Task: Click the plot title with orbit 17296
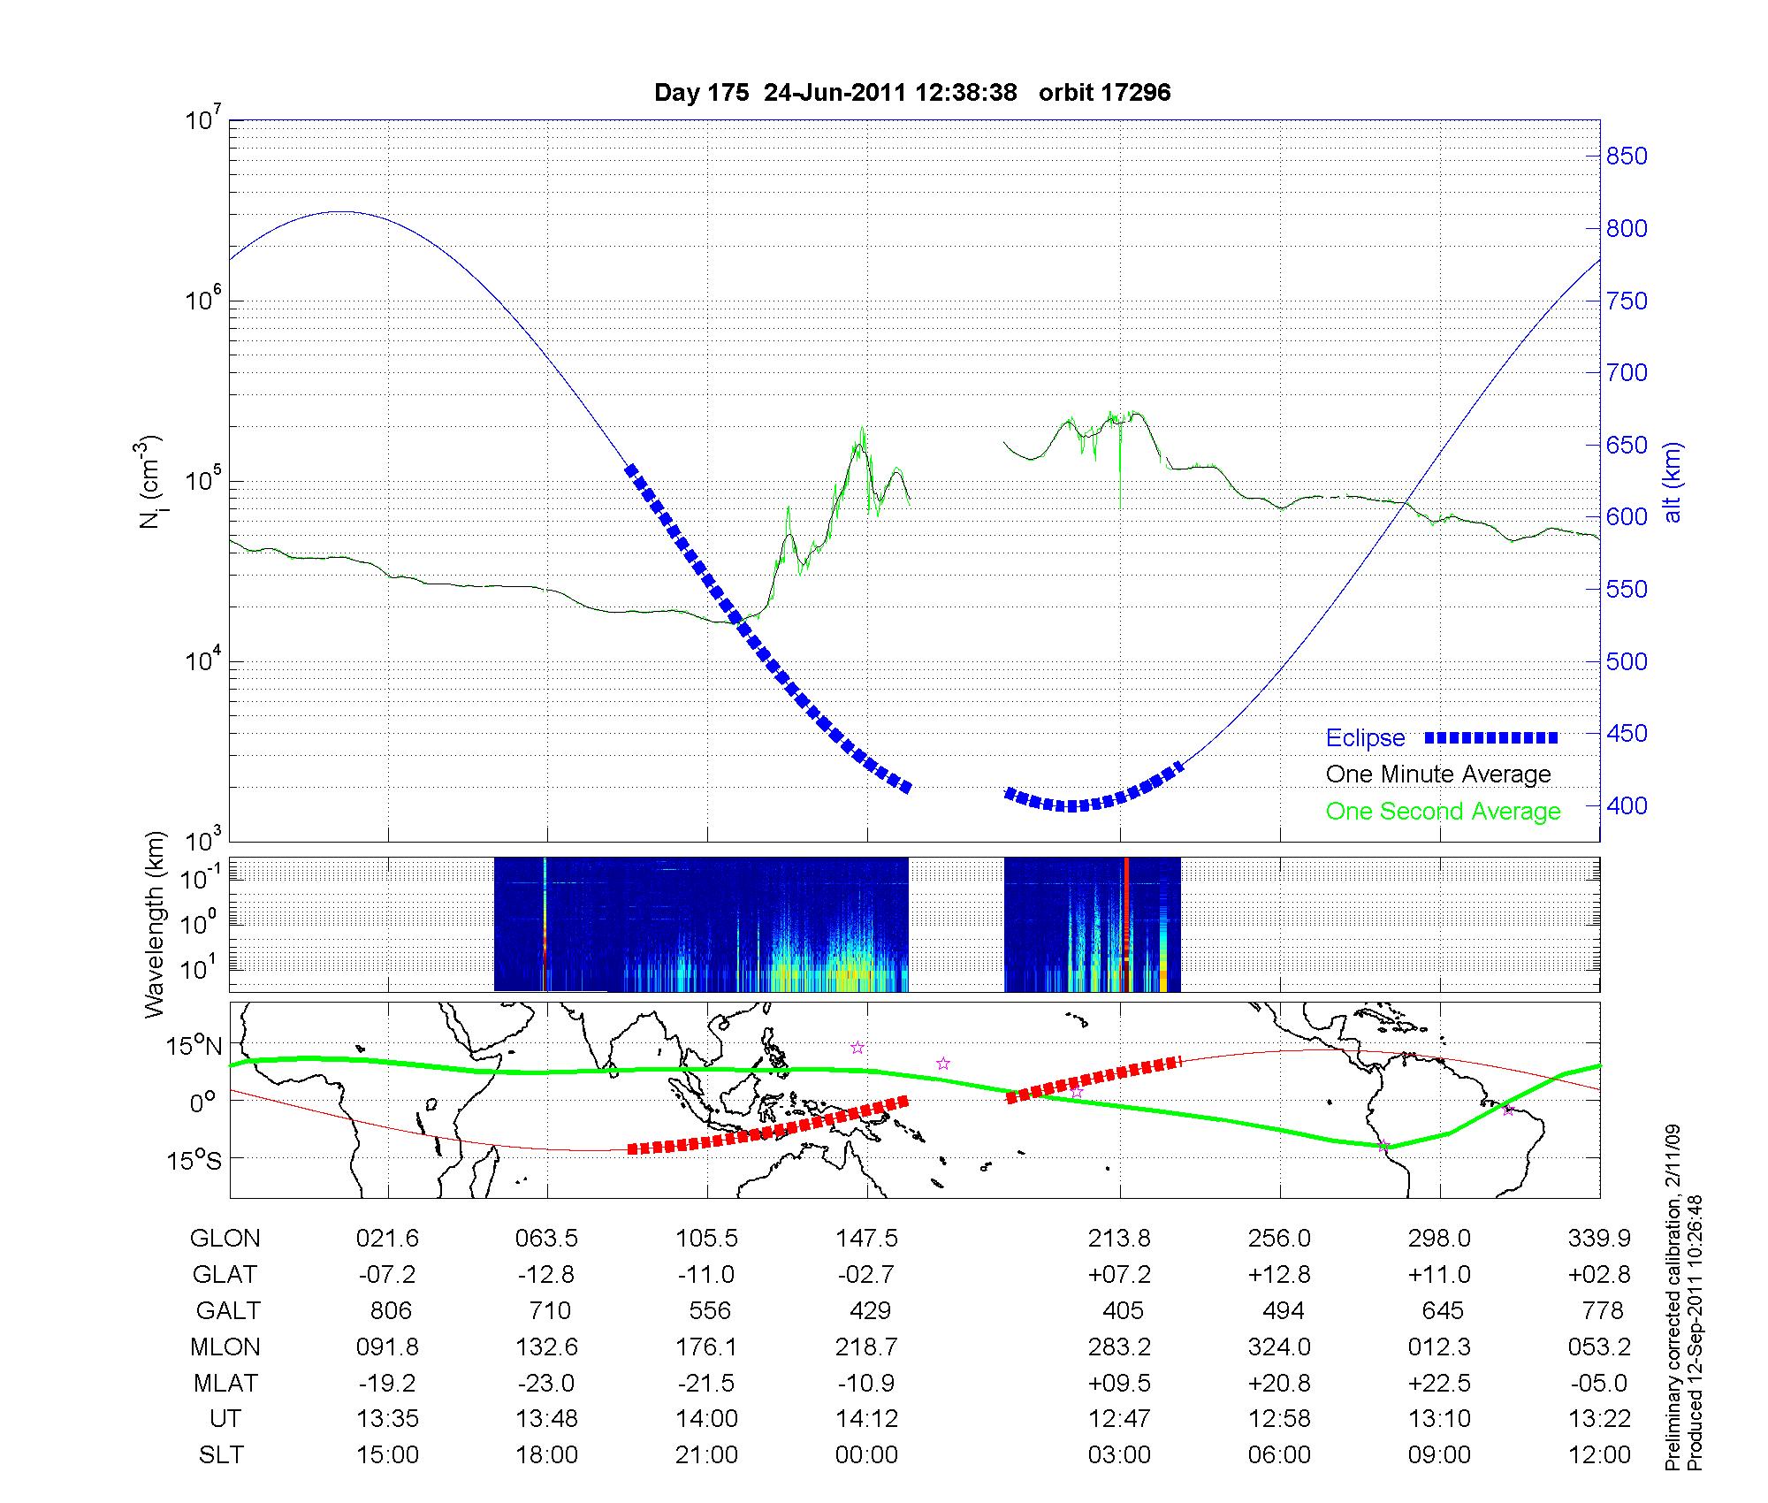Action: [911, 93]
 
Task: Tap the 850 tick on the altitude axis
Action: [1627, 156]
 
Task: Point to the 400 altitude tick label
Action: [1627, 806]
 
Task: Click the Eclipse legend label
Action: [1365, 738]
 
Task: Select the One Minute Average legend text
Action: [1438, 774]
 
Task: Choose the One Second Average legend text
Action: [1443, 812]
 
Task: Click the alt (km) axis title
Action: [1673, 482]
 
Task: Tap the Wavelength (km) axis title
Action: [155, 924]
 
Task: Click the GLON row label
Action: [225, 1239]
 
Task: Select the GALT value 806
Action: [390, 1310]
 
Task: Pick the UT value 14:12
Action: [866, 1418]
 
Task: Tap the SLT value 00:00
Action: [866, 1454]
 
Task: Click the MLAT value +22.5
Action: [1440, 1383]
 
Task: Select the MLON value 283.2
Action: [1119, 1347]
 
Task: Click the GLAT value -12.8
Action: [546, 1275]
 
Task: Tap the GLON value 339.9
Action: [1599, 1239]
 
